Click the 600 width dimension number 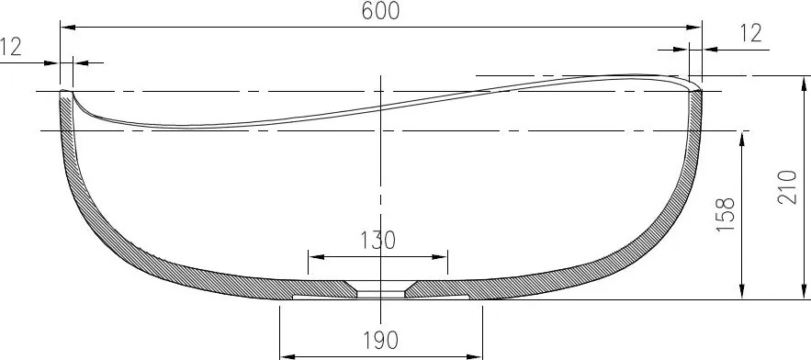(379, 11)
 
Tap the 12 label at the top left (11, 47)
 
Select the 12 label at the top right (750, 33)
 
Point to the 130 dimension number (377, 241)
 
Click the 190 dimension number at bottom (378, 341)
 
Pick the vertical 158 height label (727, 216)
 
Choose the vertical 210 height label (787, 186)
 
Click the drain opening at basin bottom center (380, 292)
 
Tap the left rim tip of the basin (65, 91)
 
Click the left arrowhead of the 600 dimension (66, 28)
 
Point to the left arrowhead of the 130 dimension (313, 256)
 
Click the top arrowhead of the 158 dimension (740, 136)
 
